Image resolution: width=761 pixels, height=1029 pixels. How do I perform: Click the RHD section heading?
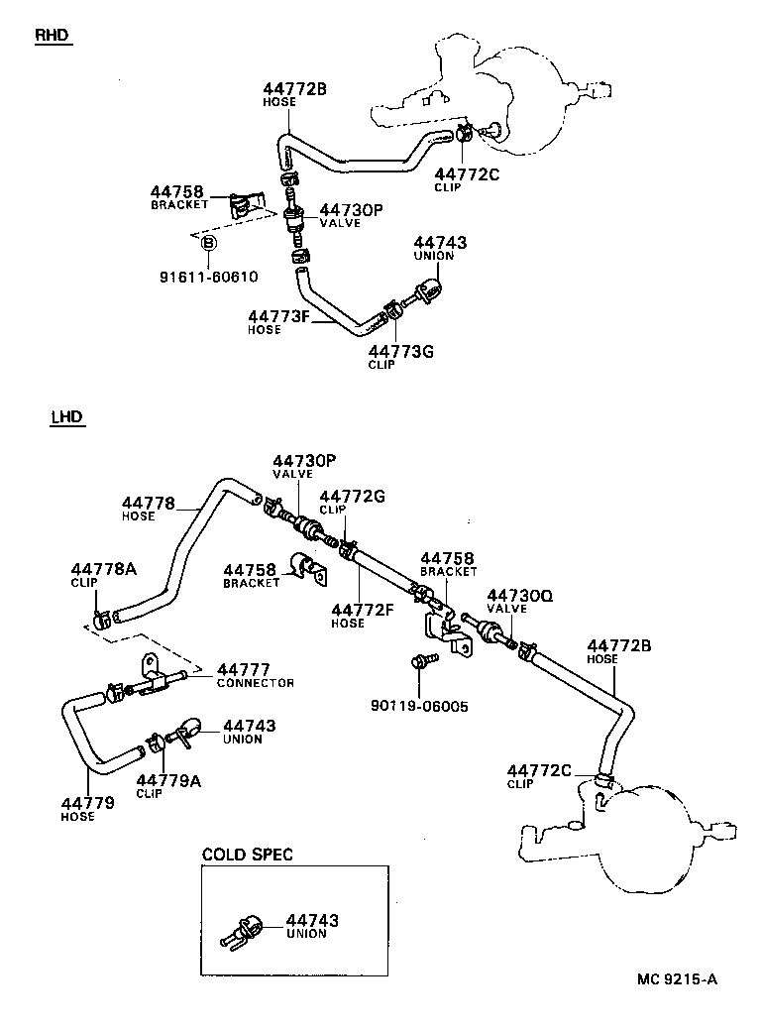(x=54, y=36)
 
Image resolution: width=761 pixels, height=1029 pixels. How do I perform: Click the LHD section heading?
(x=66, y=417)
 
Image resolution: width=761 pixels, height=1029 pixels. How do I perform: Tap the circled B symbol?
(x=209, y=244)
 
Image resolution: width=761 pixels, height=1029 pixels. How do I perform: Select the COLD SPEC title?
(x=247, y=855)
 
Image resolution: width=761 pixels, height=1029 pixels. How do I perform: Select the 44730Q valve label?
(x=518, y=595)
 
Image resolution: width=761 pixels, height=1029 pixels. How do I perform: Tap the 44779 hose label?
(x=87, y=803)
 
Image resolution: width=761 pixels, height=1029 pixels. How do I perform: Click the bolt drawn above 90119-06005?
(x=419, y=661)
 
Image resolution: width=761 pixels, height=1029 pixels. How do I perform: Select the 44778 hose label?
(x=149, y=503)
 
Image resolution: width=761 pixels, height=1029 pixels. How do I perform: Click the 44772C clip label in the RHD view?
(x=467, y=174)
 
